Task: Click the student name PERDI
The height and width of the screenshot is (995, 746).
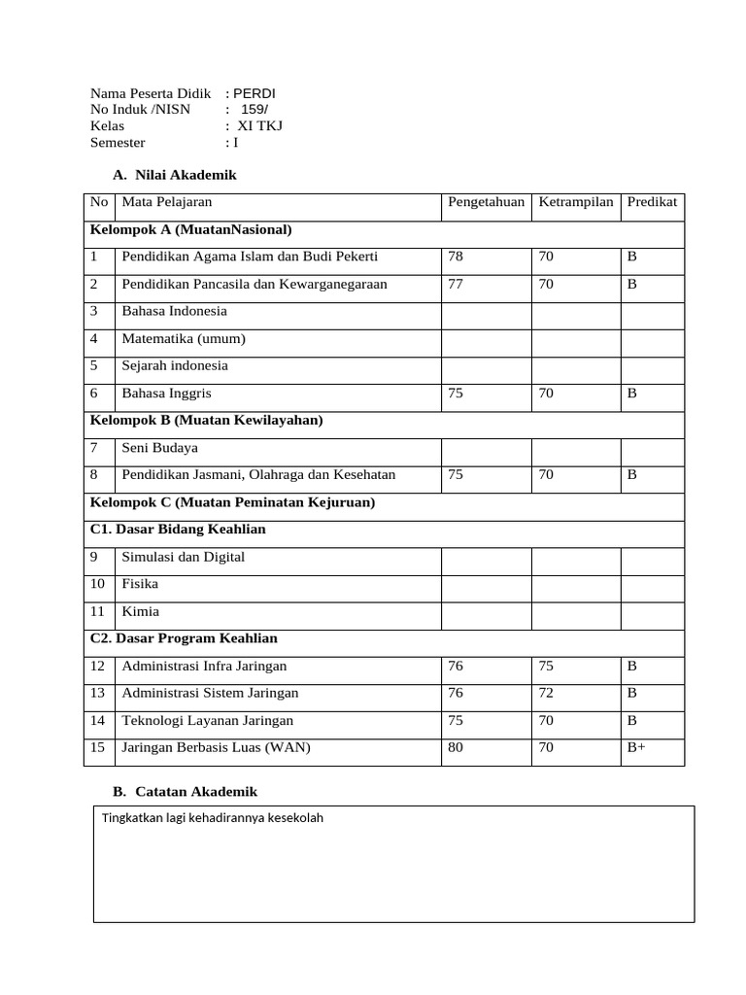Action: [x=255, y=93]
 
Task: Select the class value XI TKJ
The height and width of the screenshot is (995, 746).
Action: [x=260, y=125]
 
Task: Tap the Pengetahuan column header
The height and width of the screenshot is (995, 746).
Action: [x=486, y=202]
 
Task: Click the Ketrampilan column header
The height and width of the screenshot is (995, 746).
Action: [x=576, y=202]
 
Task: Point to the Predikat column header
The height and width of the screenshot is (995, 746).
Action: [x=652, y=202]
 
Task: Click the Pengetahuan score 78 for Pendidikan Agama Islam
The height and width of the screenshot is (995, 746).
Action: [x=457, y=257]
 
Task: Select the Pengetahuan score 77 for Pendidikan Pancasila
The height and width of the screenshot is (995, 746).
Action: [x=457, y=284]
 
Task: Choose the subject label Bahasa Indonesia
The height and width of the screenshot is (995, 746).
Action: [x=174, y=311]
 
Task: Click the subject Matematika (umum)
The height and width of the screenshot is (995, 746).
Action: [x=184, y=338]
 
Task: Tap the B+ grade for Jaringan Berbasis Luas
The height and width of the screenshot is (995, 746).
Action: [x=637, y=747]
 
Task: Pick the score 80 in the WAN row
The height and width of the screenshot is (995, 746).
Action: [x=457, y=747]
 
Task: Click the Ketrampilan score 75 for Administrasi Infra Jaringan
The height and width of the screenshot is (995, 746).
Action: [x=547, y=666]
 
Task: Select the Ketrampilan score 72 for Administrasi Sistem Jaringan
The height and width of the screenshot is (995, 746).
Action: [x=547, y=693]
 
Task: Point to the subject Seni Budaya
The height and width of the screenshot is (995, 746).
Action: [x=159, y=448]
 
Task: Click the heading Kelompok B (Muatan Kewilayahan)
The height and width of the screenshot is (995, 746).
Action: [x=207, y=420]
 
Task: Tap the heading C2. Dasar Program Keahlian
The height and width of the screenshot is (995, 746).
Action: [x=184, y=638]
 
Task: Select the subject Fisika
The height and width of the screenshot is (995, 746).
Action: [x=140, y=584]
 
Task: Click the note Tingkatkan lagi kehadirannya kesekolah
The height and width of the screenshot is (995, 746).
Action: [x=213, y=817]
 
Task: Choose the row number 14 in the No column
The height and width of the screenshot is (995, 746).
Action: [x=97, y=720]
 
